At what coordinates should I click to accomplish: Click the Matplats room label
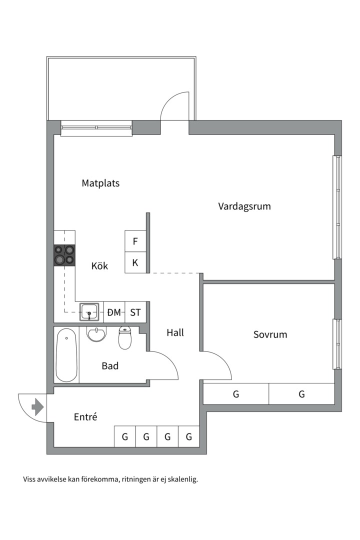(x=100, y=183)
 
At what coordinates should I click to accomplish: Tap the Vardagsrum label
(x=244, y=206)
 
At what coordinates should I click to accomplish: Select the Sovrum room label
(x=270, y=334)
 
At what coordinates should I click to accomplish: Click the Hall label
(x=175, y=332)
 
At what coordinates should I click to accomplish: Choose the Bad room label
(x=110, y=366)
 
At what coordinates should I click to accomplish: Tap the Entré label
(x=85, y=417)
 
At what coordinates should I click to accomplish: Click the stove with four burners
(x=64, y=254)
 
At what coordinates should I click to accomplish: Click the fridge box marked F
(x=135, y=241)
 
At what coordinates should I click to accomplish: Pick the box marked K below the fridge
(x=135, y=262)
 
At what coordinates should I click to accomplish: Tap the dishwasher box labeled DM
(x=114, y=312)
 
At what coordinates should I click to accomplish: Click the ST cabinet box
(x=135, y=312)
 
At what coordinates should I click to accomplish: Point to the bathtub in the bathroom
(x=66, y=355)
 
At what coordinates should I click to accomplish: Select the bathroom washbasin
(x=96, y=333)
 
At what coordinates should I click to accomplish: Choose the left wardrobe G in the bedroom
(x=235, y=394)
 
